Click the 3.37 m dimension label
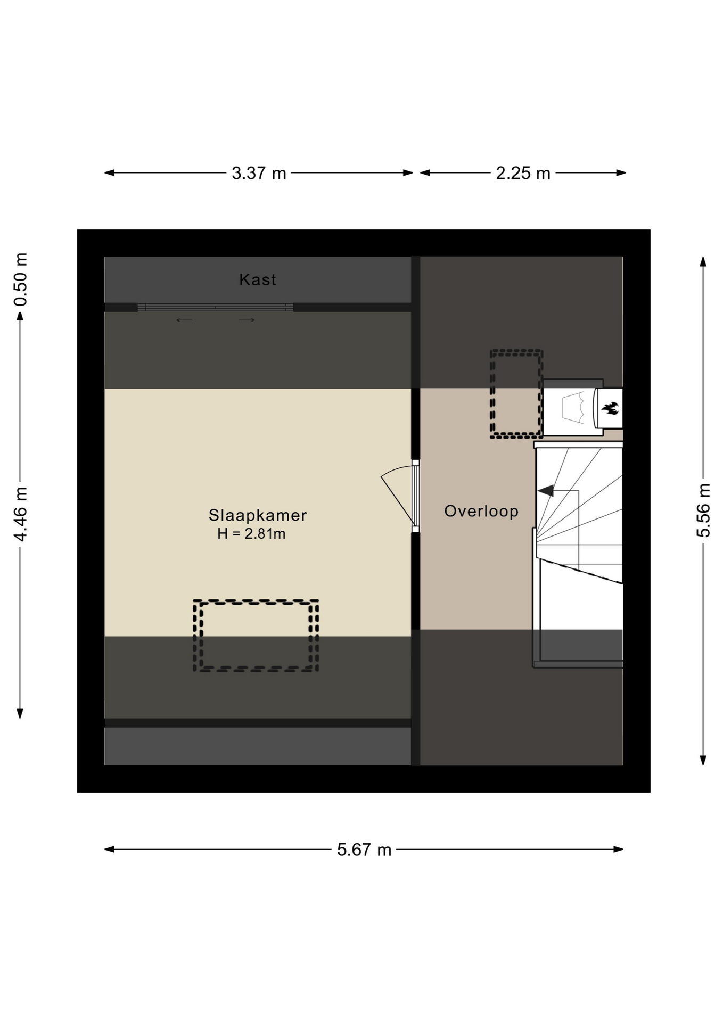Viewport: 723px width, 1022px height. tap(259, 173)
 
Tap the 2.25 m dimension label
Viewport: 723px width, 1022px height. tap(523, 173)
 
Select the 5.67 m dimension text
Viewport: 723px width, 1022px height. tap(364, 850)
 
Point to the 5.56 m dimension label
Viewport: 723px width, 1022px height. tap(703, 510)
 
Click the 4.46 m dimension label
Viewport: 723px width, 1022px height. tap(20, 514)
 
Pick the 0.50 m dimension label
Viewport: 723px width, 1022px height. tap(20, 279)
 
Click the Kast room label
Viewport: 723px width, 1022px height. tap(258, 279)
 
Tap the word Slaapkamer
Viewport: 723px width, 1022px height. tap(258, 515)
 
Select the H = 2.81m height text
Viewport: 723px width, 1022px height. tap(251, 533)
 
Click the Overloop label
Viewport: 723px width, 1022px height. tap(481, 511)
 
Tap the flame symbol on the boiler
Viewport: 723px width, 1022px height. tap(610, 408)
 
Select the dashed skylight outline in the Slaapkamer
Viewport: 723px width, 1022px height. tap(256, 601)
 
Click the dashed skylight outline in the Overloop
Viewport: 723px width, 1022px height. tap(516, 351)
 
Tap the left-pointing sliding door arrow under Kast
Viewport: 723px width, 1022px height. tap(184, 320)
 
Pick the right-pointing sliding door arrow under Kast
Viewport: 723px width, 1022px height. tap(247, 320)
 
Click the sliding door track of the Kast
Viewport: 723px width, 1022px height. tap(215, 307)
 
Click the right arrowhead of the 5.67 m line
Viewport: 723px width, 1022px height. tap(619, 850)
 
